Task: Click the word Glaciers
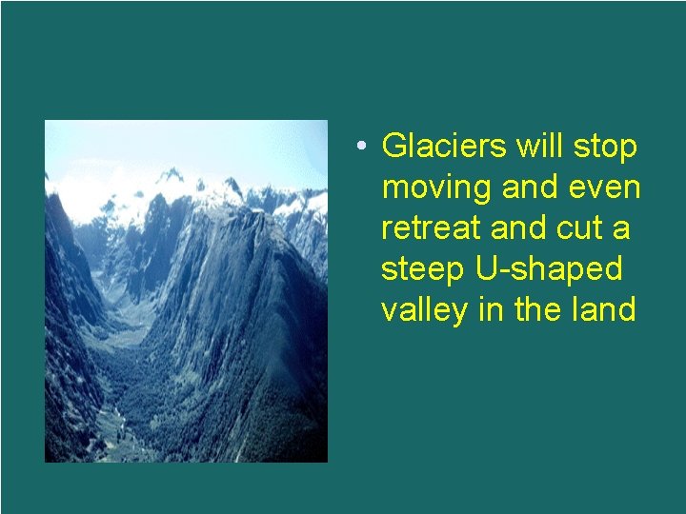coord(445,147)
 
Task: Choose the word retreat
coord(426,228)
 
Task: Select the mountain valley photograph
coord(186,291)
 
